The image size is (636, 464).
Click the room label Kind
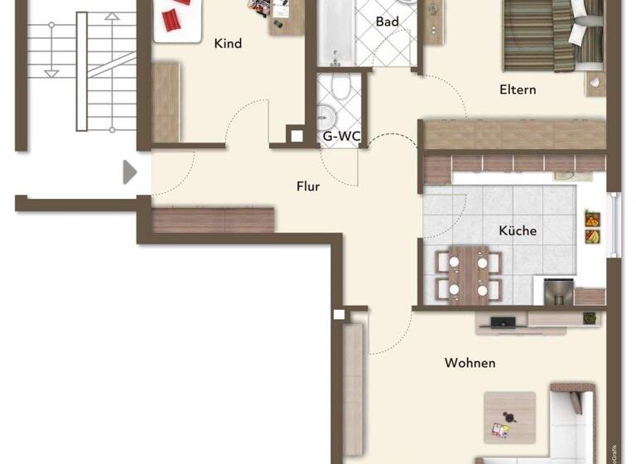(228, 43)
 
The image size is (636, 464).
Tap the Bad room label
(387, 22)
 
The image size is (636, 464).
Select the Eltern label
(518, 89)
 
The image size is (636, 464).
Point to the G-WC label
(341, 136)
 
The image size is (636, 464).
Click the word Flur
(308, 186)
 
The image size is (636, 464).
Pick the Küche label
(518, 230)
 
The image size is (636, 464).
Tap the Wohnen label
(470, 363)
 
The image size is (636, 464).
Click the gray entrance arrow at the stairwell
(129, 172)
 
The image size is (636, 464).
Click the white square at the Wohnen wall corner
(338, 315)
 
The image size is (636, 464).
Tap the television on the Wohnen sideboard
(502, 321)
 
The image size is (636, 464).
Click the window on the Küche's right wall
(614, 225)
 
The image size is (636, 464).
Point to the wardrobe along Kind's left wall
(166, 101)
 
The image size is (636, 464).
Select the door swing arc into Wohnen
(396, 336)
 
